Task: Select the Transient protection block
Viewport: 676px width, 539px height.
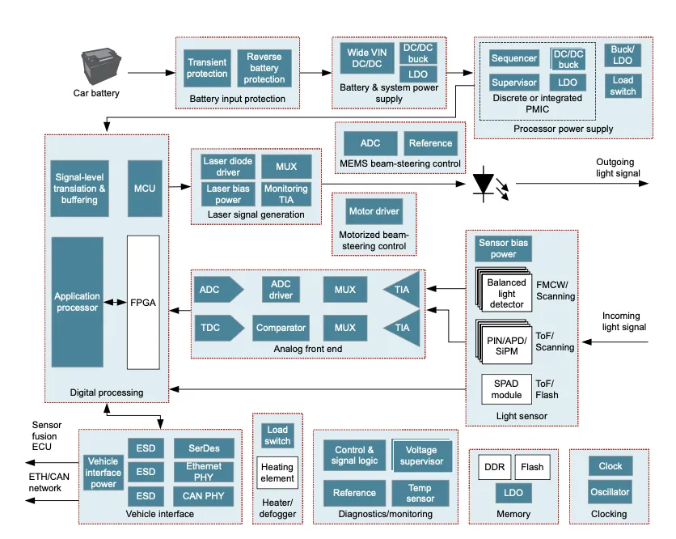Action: coord(207,68)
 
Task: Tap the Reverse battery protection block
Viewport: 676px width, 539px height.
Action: coord(264,68)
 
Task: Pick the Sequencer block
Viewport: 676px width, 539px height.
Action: coord(514,58)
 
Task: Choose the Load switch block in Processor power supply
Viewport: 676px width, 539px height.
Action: coord(623,86)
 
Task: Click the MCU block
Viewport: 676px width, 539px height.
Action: coord(144,189)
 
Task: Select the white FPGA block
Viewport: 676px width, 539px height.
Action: coord(143,303)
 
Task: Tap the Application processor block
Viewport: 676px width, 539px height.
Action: coord(78,302)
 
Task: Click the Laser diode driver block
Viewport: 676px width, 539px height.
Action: coord(228,167)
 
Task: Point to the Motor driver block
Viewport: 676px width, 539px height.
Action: coord(374,212)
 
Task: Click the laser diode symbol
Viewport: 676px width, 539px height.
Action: coord(486,184)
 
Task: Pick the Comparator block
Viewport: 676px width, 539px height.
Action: coord(281,328)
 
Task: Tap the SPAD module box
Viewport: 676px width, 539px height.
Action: coord(506,389)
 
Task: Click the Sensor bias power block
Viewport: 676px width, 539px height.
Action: coord(503,248)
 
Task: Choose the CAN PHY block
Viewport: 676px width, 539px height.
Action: coord(204,495)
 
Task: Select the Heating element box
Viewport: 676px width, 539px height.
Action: coord(277,473)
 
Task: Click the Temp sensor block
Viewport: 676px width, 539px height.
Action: coord(420,493)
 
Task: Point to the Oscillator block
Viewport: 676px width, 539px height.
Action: coord(610,492)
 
